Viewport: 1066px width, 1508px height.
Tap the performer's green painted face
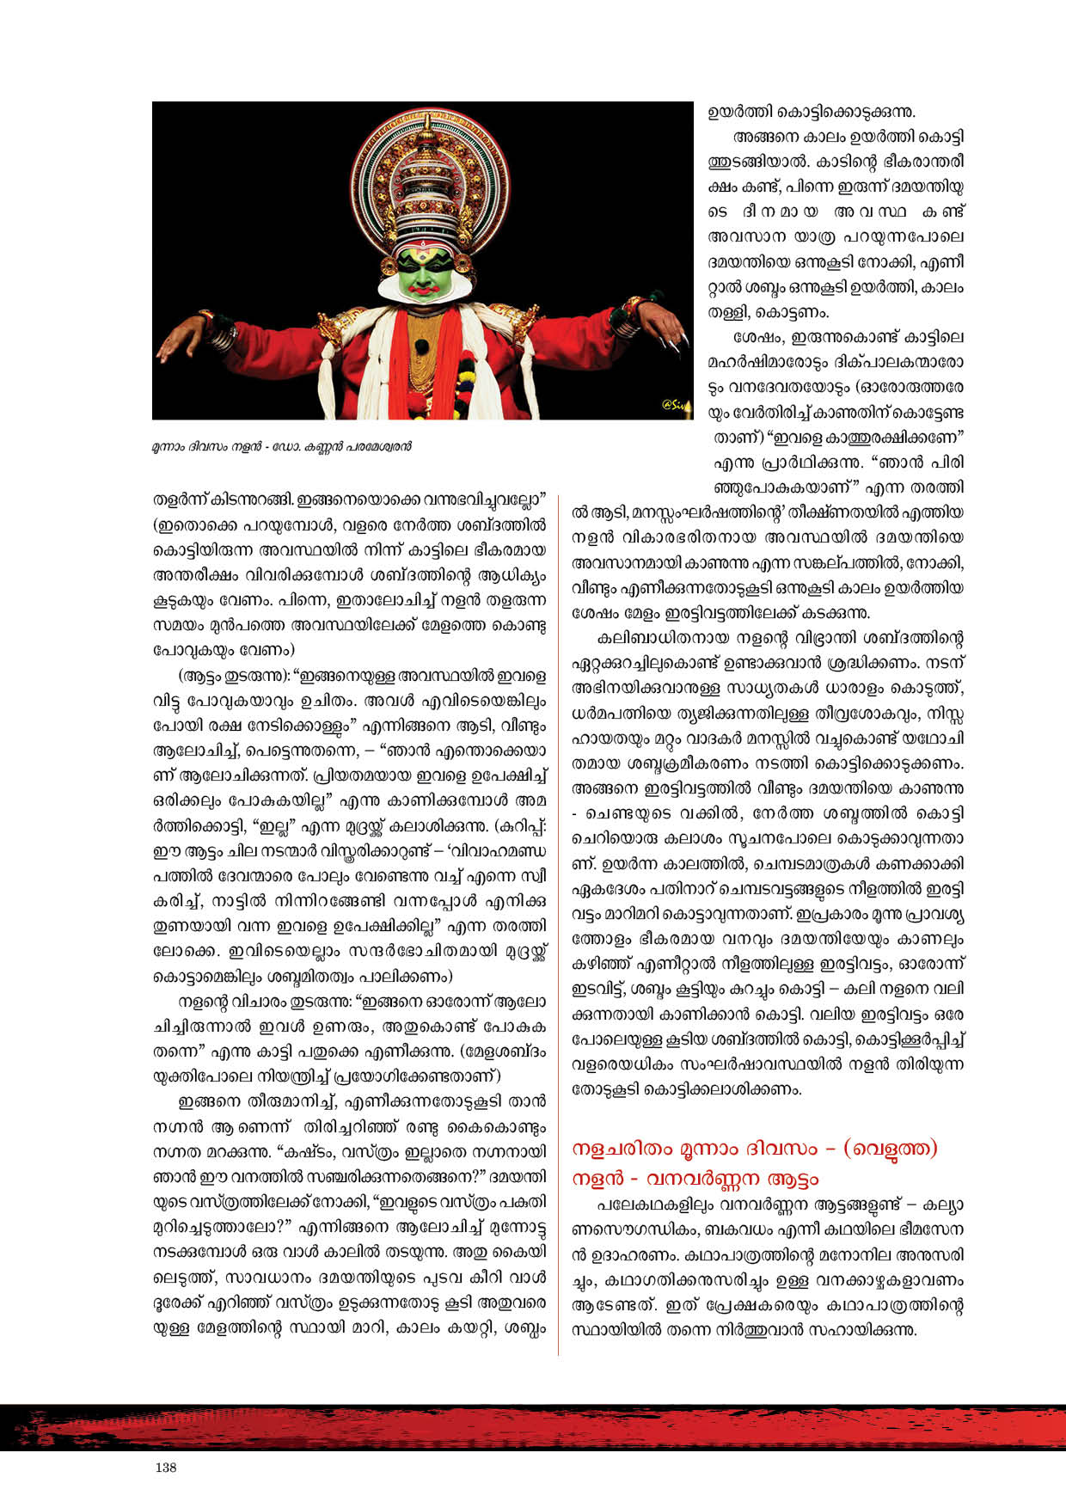pos(422,272)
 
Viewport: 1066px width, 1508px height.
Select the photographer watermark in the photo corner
pos(676,405)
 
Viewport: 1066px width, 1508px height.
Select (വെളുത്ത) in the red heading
pos(891,1149)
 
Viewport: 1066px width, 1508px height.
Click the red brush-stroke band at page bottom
pos(533,1428)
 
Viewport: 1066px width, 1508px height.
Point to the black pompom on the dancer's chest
pos(421,346)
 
